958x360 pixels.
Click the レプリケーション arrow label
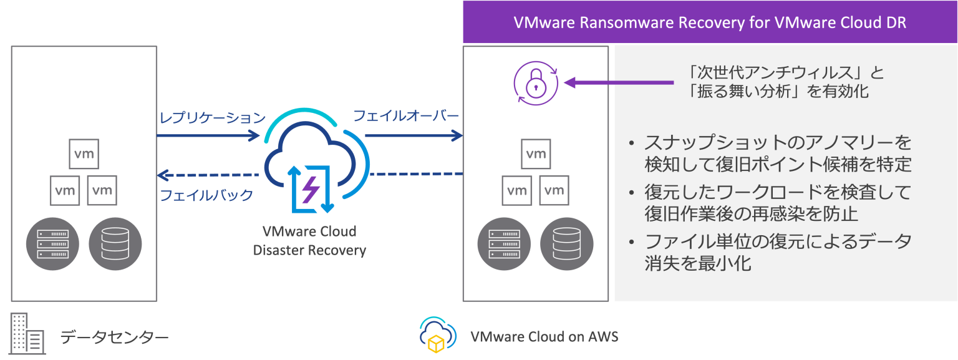tap(212, 118)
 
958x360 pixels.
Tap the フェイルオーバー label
tap(406, 116)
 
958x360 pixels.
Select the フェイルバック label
tap(206, 195)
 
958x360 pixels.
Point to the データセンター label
tap(115, 338)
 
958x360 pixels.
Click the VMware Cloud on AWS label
tap(544, 337)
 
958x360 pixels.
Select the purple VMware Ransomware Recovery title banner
tap(710, 23)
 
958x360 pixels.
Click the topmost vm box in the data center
tap(84, 153)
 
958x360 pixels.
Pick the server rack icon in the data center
tap(53, 243)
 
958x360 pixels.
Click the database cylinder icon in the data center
tap(115, 243)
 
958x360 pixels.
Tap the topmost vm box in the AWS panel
tap(536, 153)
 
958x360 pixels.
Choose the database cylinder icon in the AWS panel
tap(566, 243)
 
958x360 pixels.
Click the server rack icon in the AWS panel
tap(505, 243)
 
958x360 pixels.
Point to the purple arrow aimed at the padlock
tap(617, 82)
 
